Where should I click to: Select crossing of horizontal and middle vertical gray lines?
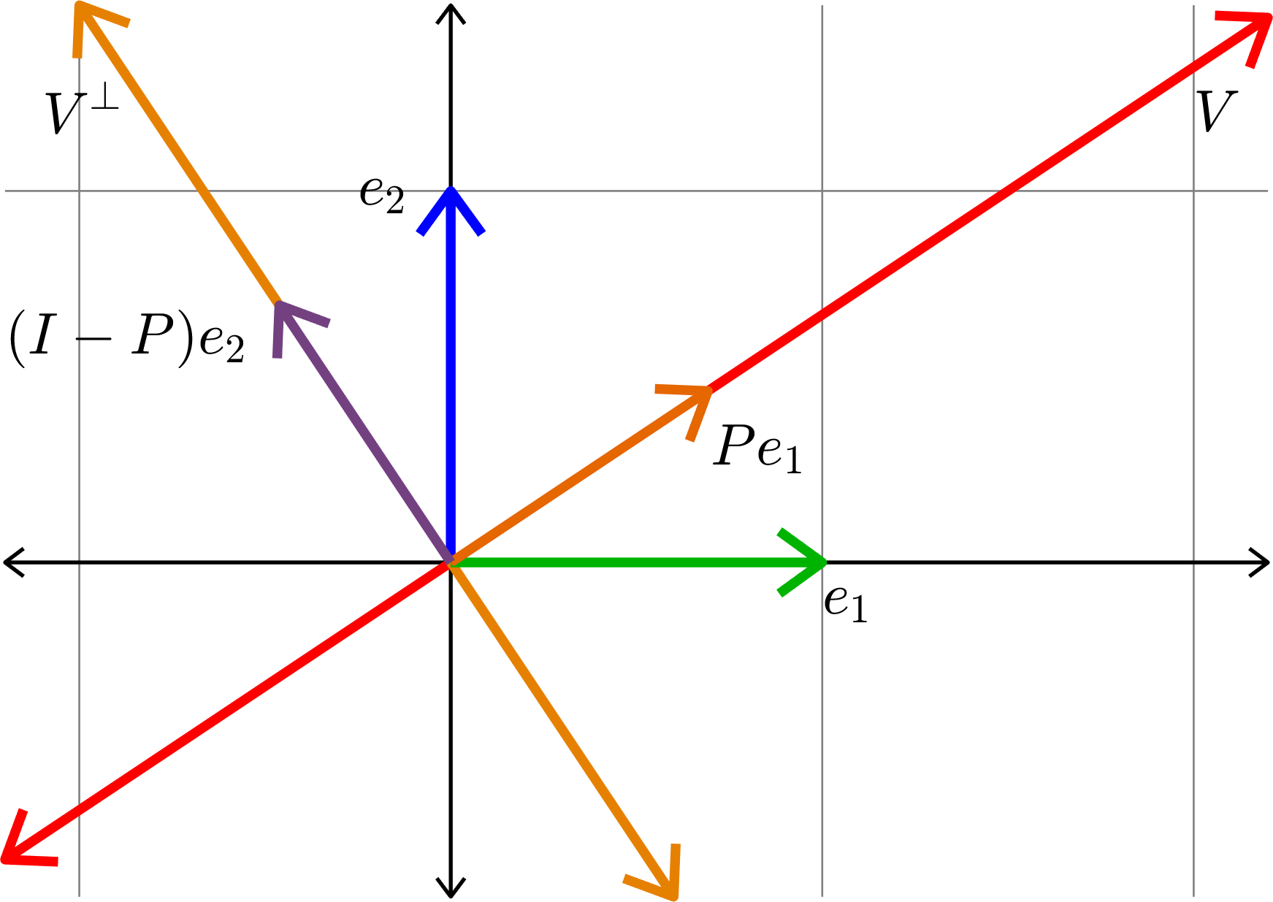pyautogui.click(x=822, y=191)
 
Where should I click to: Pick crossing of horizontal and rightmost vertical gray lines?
pyautogui.click(x=1194, y=191)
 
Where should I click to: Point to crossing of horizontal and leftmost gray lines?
pyautogui.click(x=79, y=191)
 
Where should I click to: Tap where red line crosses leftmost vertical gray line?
pyautogui.click(x=79, y=810)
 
